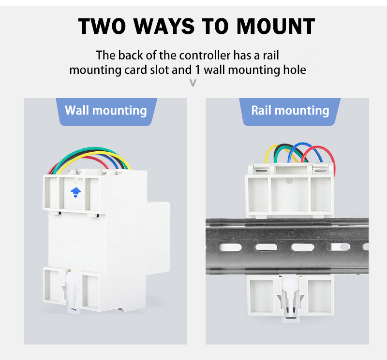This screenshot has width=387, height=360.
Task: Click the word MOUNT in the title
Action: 276,26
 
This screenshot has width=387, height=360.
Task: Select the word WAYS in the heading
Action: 164,26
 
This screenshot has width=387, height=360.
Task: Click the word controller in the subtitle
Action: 195,55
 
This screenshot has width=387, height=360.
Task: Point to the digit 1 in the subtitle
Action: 197,70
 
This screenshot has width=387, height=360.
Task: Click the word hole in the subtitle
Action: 295,70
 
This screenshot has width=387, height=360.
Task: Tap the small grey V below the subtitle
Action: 193,83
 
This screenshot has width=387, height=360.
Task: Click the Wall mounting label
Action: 106,111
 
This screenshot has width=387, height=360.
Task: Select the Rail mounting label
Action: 290,111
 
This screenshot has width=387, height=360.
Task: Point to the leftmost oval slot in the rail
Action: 231,247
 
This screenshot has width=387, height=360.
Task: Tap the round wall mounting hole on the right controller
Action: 289,181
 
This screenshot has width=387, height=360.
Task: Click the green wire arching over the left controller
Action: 91,149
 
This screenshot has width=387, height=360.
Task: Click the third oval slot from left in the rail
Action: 303,247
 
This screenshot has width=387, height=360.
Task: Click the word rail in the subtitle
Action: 271,55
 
